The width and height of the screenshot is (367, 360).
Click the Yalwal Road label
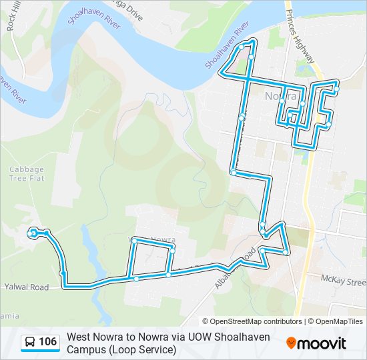click(x=27, y=287)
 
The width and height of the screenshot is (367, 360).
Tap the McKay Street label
click(x=343, y=277)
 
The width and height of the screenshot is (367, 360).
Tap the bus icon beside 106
click(x=30, y=343)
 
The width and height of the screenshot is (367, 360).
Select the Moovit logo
click(x=316, y=343)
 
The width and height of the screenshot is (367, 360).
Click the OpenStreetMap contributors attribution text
click(x=252, y=321)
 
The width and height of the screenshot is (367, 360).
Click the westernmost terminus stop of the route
click(x=32, y=233)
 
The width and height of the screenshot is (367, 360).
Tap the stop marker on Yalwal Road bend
click(x=62, y=273)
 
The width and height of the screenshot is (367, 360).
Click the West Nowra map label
click(x=155, y=239)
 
